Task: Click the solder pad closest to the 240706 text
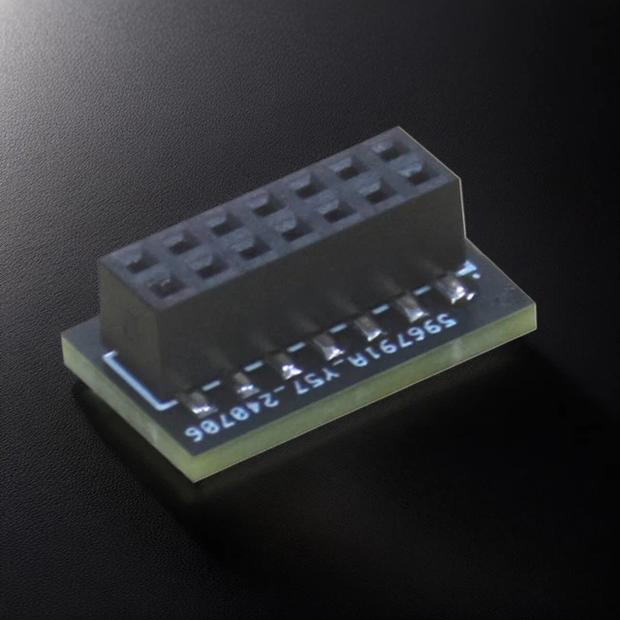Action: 199,400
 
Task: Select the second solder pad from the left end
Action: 243,382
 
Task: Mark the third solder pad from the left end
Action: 287,363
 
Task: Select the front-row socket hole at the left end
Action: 163,282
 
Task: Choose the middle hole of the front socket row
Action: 291,228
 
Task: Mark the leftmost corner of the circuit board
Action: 63,339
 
